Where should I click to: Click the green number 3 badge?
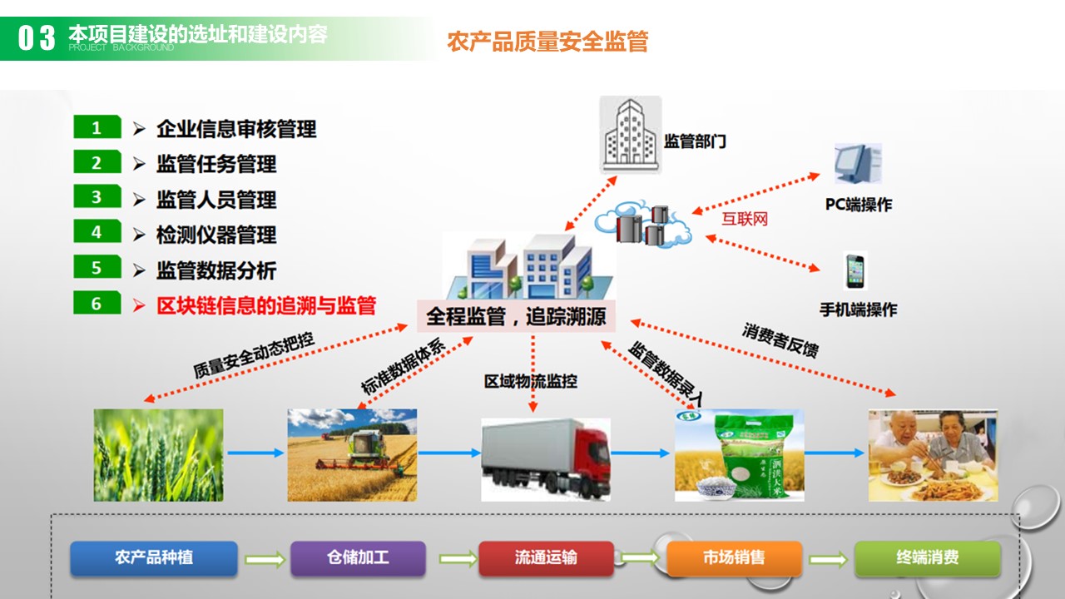97,196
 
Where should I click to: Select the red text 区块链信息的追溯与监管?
266,305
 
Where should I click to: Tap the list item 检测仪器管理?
216,235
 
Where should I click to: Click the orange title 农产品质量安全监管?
547,42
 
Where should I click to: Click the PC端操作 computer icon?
857,165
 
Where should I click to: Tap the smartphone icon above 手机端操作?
855,270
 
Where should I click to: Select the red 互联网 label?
744,219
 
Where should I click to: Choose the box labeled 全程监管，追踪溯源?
516,317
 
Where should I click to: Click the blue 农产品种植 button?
154,558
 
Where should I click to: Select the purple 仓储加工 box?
358,558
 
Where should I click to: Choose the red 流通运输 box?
546,558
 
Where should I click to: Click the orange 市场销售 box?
734,558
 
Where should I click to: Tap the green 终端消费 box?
927,558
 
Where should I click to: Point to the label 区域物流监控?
531,382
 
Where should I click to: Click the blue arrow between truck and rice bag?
641,453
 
